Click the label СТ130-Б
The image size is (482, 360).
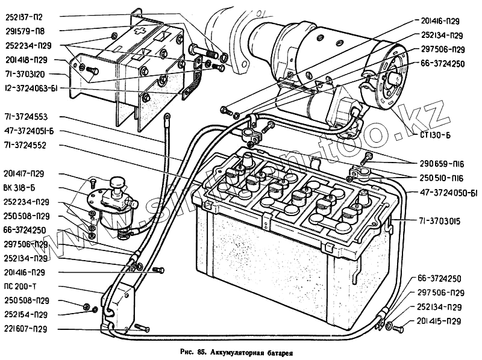[434, 135]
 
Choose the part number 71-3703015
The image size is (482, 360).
[440, 221]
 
